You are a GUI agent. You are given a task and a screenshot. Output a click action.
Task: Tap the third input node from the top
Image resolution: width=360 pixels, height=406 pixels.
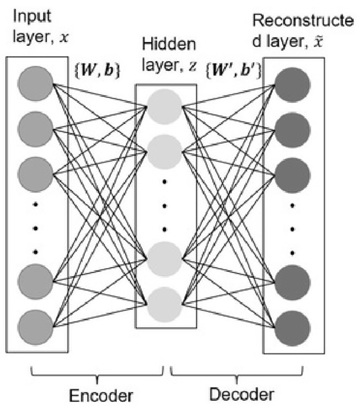(x=35, y=169)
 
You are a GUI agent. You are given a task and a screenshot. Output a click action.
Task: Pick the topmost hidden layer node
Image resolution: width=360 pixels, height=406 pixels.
(x=164, y=106)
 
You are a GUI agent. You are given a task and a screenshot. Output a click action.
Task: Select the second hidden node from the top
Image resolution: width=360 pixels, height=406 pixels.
(x=164, y=149)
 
